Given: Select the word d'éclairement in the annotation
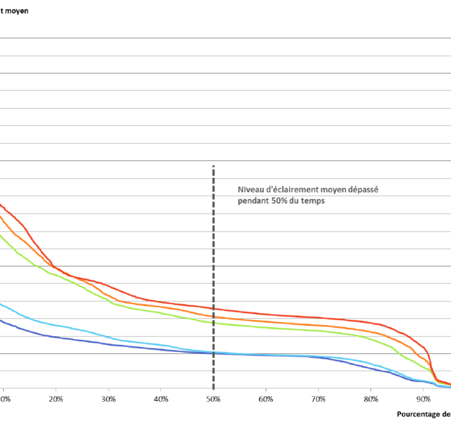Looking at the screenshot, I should click(x=284, y=190).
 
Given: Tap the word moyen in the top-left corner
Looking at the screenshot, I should click(x=18, y=11).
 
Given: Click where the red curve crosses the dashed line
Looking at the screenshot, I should click(x=214, y=309).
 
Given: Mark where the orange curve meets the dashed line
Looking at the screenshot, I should click(x=214, y=317).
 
